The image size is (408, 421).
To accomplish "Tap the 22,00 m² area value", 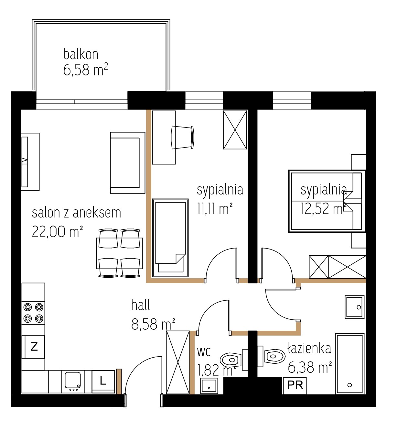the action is tap(57, 231).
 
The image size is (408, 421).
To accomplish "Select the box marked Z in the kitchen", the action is tap(34, 347).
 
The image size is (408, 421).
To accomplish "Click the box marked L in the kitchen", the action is tap(103, 382).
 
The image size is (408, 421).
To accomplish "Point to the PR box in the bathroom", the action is tap(295, 385).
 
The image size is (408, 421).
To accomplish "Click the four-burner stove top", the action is tap(34, 313).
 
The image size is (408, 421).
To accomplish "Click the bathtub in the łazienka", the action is tap(349, 364).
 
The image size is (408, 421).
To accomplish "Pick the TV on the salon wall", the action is tap(25, 162).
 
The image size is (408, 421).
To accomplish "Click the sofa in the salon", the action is tap(127, 163).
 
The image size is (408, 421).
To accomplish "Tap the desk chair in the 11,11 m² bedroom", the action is tap(182, 138).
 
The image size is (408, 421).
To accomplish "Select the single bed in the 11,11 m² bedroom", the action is tap(170, 238).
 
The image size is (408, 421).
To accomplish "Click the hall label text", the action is tap(140, 305).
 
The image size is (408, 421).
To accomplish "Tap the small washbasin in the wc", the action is tap(209, 386).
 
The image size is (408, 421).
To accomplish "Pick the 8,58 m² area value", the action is tap(153, 324).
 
